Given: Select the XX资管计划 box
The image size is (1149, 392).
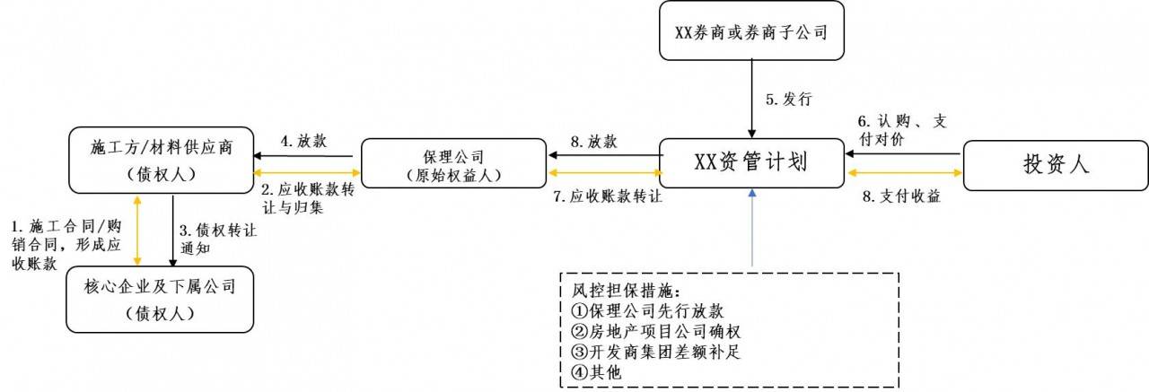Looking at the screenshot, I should (750, 163).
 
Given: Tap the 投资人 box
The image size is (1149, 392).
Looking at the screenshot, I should (1055, 163).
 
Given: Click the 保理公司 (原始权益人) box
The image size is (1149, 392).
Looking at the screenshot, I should (452, 163).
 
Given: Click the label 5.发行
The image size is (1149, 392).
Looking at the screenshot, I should (788, 100).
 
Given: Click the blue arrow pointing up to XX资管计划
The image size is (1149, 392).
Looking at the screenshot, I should (752, 229).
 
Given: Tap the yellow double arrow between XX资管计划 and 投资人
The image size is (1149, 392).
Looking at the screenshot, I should (903, 173).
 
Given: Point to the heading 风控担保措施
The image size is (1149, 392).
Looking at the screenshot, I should (620, 291).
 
